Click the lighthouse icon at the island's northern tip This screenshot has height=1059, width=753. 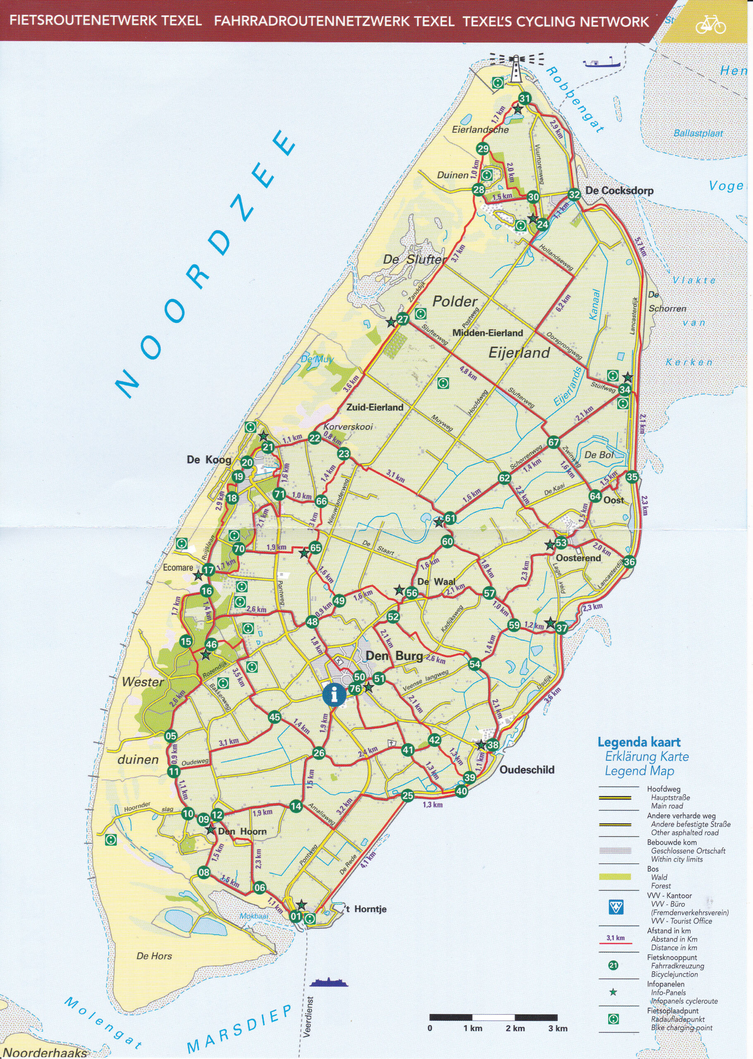515,69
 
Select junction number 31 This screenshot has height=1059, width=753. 524,98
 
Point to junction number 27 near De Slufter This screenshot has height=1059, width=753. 403,319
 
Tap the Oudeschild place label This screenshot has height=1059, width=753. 527,769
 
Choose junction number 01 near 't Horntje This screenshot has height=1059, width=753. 296,916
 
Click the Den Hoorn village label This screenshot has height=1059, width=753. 242,831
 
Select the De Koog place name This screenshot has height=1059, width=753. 209,460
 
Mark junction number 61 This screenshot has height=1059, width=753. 450,519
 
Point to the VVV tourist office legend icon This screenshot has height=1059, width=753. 616,907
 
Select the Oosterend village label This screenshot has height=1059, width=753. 578,558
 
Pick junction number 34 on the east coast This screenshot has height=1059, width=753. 624,390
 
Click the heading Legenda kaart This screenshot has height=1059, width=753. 639,742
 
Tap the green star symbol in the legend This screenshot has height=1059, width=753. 613,992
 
